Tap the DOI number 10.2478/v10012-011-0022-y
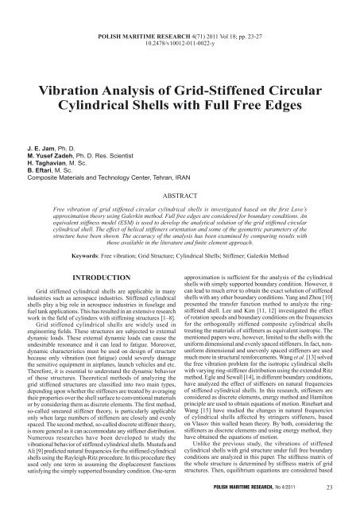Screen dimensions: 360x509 tap(180, 23)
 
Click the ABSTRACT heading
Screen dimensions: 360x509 tap(180, 171)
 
